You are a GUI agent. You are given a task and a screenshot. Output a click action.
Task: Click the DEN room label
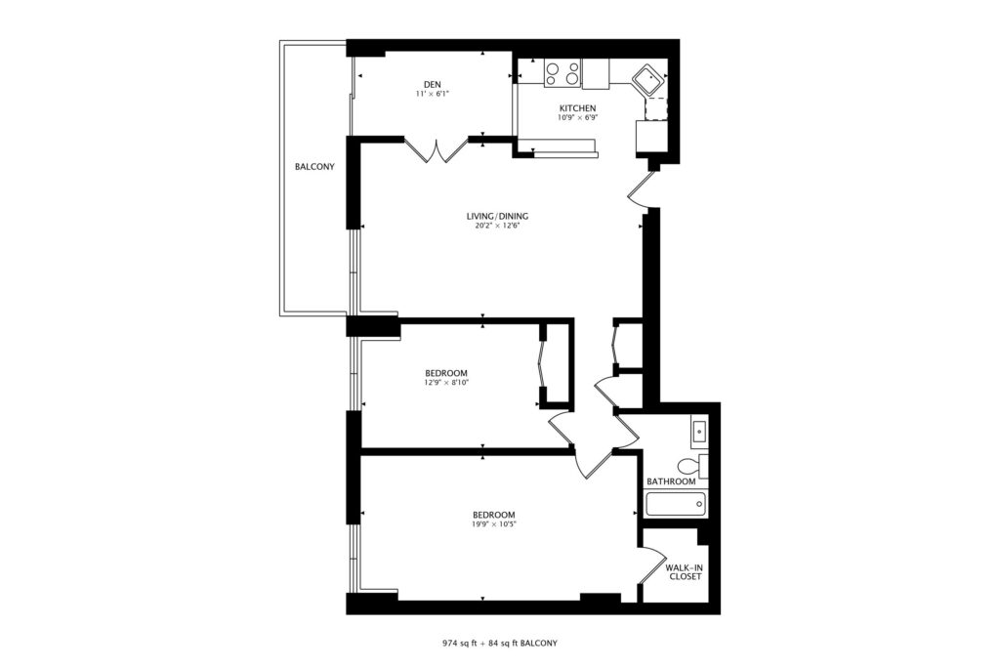pos(432,85)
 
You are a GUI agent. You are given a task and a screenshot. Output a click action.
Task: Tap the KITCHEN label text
pos(578,108)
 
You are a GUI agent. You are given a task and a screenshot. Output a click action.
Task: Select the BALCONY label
pos(314,167)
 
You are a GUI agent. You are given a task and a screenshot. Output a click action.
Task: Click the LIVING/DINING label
pos(497,216)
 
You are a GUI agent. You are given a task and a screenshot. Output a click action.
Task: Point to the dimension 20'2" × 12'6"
pos(497,225)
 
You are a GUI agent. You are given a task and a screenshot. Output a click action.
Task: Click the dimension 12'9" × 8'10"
pos(446,383)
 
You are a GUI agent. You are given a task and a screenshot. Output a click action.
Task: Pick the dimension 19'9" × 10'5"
pos(493,524)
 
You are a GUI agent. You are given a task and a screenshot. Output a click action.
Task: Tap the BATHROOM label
pos(671,481)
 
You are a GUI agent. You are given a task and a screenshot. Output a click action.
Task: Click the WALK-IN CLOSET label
pos(685,572)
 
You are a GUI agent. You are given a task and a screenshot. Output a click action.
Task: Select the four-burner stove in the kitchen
pos(562,72)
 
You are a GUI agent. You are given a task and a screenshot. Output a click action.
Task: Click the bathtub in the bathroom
pos(676,505)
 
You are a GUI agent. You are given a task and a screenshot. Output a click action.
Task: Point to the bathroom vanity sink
pos(699,433)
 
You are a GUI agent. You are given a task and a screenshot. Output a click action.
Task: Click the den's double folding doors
pos(437,149)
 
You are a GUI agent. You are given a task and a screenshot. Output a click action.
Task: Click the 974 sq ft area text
pos(459,644)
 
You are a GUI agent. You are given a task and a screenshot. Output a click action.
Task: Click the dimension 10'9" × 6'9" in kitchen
pos(578,117)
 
